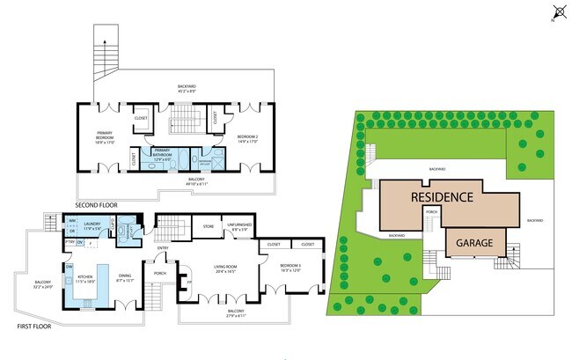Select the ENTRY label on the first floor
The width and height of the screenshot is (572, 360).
163,247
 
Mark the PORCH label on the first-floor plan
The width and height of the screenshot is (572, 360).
160,273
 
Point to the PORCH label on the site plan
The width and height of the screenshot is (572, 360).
431,211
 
